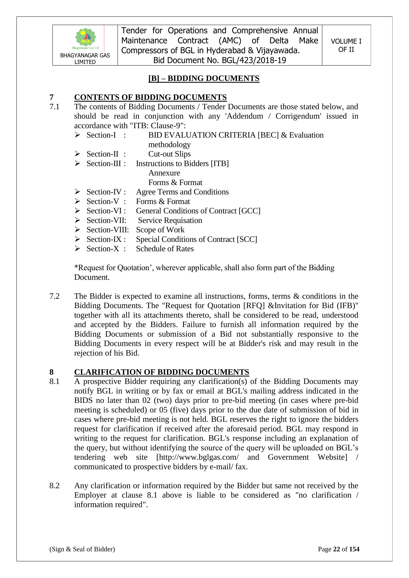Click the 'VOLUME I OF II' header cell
(346, 45)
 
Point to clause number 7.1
(54, 107)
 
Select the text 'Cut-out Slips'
(169, 154)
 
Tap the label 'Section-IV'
(104, 192)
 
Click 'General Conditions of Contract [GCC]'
(198, 211)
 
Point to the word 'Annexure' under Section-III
(164, 173)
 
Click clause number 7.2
(54, 296)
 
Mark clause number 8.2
(54, 486)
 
